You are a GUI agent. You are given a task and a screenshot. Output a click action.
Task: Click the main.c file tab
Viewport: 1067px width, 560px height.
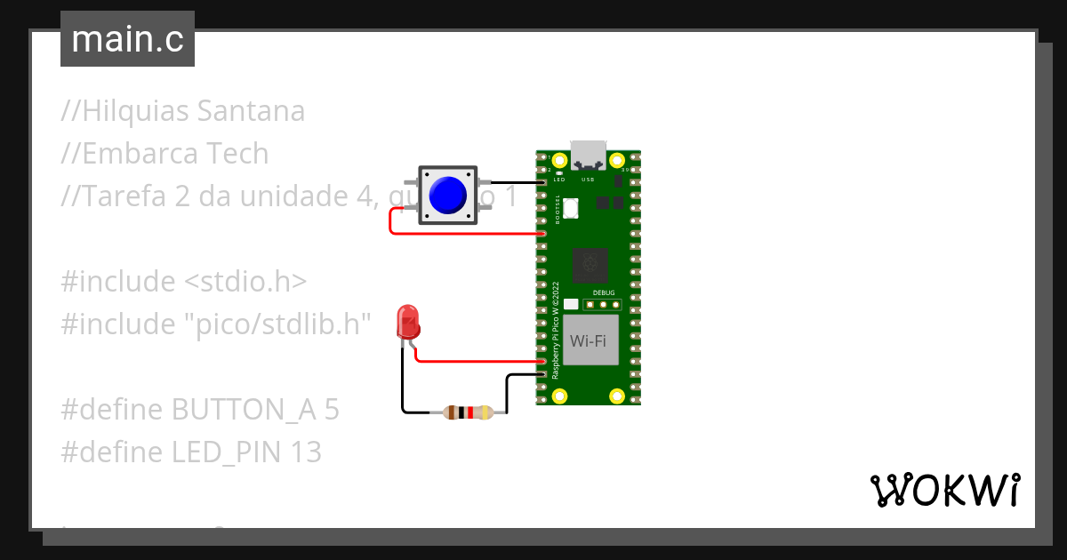127,39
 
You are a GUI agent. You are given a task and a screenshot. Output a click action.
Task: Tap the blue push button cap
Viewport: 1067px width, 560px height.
447,195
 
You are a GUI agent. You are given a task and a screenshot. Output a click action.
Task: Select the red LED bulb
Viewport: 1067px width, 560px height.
408,321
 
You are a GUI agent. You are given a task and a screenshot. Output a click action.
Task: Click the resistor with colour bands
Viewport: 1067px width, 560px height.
468,412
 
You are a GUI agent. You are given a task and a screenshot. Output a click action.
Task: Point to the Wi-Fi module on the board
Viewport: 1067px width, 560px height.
590,340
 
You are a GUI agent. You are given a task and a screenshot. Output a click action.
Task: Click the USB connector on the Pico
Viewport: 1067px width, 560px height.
588,153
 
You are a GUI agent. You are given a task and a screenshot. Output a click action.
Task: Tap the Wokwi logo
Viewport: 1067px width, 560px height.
943,490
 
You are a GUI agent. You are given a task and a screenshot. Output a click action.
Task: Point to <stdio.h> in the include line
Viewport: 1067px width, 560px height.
245,282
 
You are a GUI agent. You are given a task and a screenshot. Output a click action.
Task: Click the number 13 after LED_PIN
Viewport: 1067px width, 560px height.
305,452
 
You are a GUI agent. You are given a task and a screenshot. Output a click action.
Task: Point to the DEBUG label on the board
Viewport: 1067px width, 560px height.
603,292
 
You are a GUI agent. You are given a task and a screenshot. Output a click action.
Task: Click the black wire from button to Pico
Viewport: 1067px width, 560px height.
511,182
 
